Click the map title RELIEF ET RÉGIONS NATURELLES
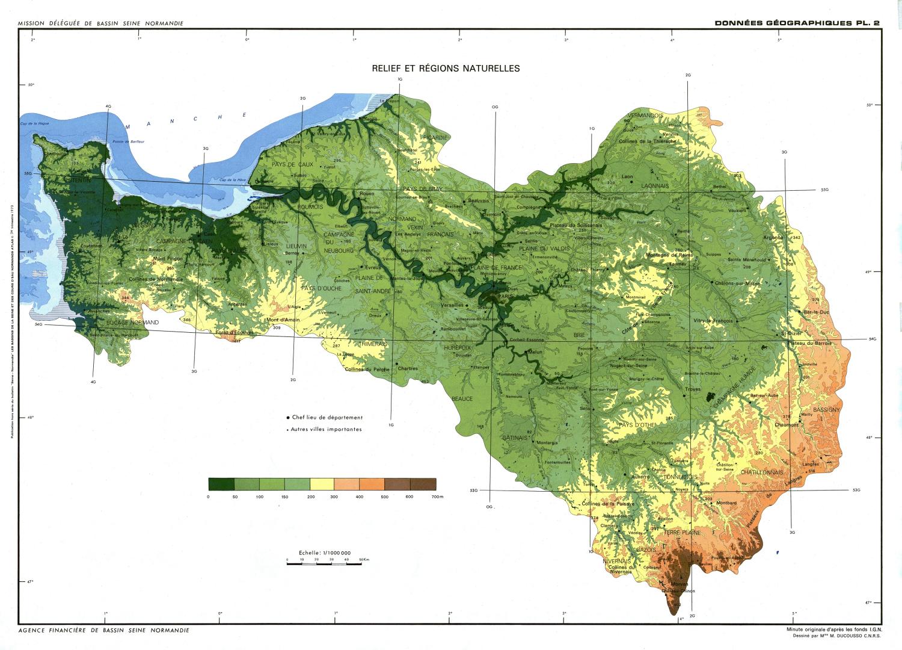446,69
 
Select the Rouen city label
367,194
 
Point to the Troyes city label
693,389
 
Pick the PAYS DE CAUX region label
292,164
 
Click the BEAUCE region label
462,398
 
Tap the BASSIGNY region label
826,410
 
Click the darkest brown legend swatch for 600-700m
423,484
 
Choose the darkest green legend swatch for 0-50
221,484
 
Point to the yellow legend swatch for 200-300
322,484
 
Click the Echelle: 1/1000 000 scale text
324,552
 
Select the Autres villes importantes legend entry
326,429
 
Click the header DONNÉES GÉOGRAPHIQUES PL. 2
797,23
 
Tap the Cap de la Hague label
34,123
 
